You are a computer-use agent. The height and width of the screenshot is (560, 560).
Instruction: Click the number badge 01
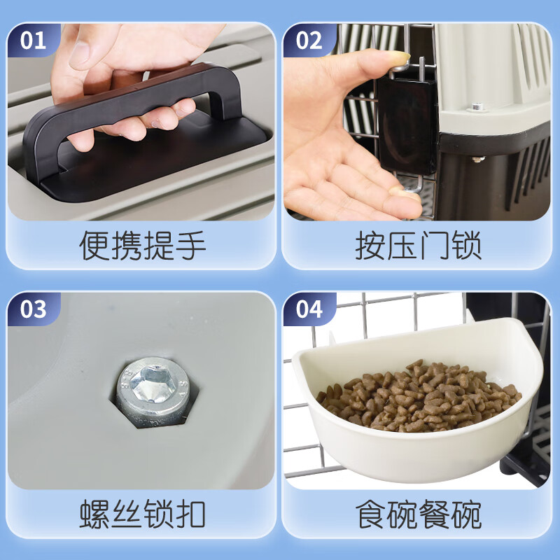click(33, 41)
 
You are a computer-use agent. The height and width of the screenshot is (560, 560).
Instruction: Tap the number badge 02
click(309, 41)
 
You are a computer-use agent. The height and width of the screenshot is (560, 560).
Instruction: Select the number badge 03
click(33, 309)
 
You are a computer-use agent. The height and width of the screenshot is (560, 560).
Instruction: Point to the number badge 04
click(309, 309)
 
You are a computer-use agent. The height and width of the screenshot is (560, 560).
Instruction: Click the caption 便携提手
click(142, 246)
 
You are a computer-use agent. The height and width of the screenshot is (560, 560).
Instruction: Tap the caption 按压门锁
click(418, 246)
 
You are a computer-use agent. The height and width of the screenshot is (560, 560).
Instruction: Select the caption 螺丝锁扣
click(142, 514)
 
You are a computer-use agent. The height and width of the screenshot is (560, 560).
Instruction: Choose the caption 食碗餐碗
click(418, 514)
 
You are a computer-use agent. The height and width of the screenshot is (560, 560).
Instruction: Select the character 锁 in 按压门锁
click(465, 246)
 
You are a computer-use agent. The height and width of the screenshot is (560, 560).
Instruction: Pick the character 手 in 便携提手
click(190, 246)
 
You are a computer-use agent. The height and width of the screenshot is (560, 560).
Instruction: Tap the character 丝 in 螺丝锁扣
click(126, 514)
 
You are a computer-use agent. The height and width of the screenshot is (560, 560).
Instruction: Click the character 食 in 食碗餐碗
click(371, 514)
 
